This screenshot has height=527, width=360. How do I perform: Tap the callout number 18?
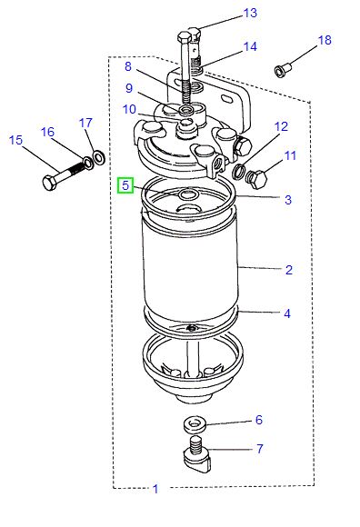click(x=325, y=41)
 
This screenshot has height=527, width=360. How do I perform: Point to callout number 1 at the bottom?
click(x=155, y=489)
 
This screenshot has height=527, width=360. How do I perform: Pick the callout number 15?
click(x=15, y=140)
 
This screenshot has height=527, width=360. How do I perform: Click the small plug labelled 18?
click(x=283, y=68)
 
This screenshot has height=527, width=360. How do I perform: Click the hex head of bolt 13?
click(x=186, y=38)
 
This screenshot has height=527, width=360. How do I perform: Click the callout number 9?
click(x=129, y=88)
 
